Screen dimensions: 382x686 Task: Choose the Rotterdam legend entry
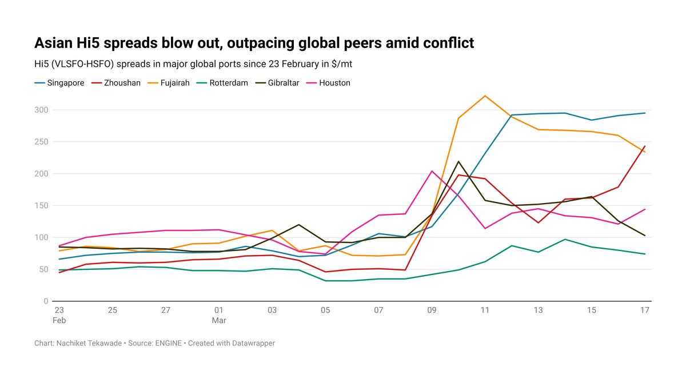(x=228, y=83)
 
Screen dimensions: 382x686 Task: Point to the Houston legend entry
(x=334, y=83)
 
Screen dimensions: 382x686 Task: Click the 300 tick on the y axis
(x=41, y=109)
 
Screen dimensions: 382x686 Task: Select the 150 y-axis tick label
(x=41, y=205)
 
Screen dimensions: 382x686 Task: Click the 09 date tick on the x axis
(x=432, y=310)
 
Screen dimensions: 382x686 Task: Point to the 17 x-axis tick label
(x=645, y=310)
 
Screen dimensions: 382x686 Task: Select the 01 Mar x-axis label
(x=219, y=315)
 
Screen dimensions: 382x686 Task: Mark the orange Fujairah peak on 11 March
(x=485, y=95)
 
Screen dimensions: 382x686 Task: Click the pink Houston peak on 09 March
(x=432, y=171)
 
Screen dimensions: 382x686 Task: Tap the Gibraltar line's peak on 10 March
(x=458, y=161)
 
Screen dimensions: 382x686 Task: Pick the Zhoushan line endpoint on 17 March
(x=645, y=146)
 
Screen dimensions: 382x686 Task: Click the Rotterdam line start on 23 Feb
(x=59, y=270)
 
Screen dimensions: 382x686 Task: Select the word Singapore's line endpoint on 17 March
(x=645, y=113)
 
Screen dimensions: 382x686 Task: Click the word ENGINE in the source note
(x=169, y=343)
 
